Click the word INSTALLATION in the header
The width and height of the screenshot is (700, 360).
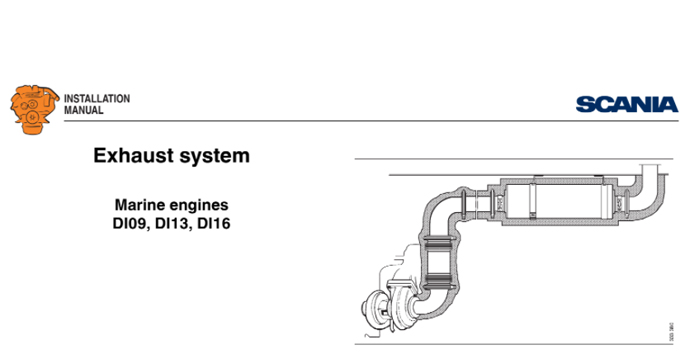pyautogui.click(x=97, y=98)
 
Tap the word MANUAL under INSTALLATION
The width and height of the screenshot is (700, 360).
pyautogui.click(x=83, y=110)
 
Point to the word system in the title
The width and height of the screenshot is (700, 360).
pyautogui.click(x=217, y=156)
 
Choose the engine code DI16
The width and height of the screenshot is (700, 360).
pyautogui.click(x=224, y=223)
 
